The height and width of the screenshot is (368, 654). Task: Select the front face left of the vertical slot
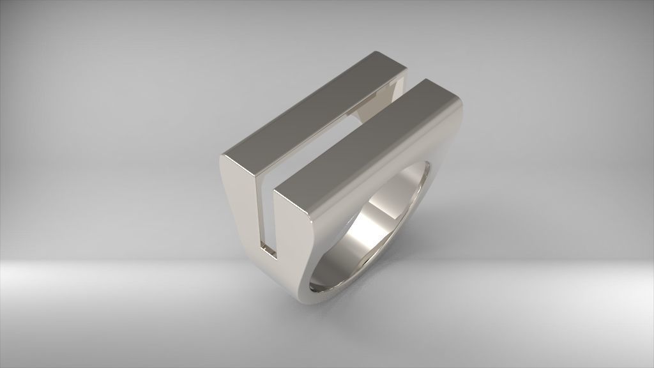pos(243,211)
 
